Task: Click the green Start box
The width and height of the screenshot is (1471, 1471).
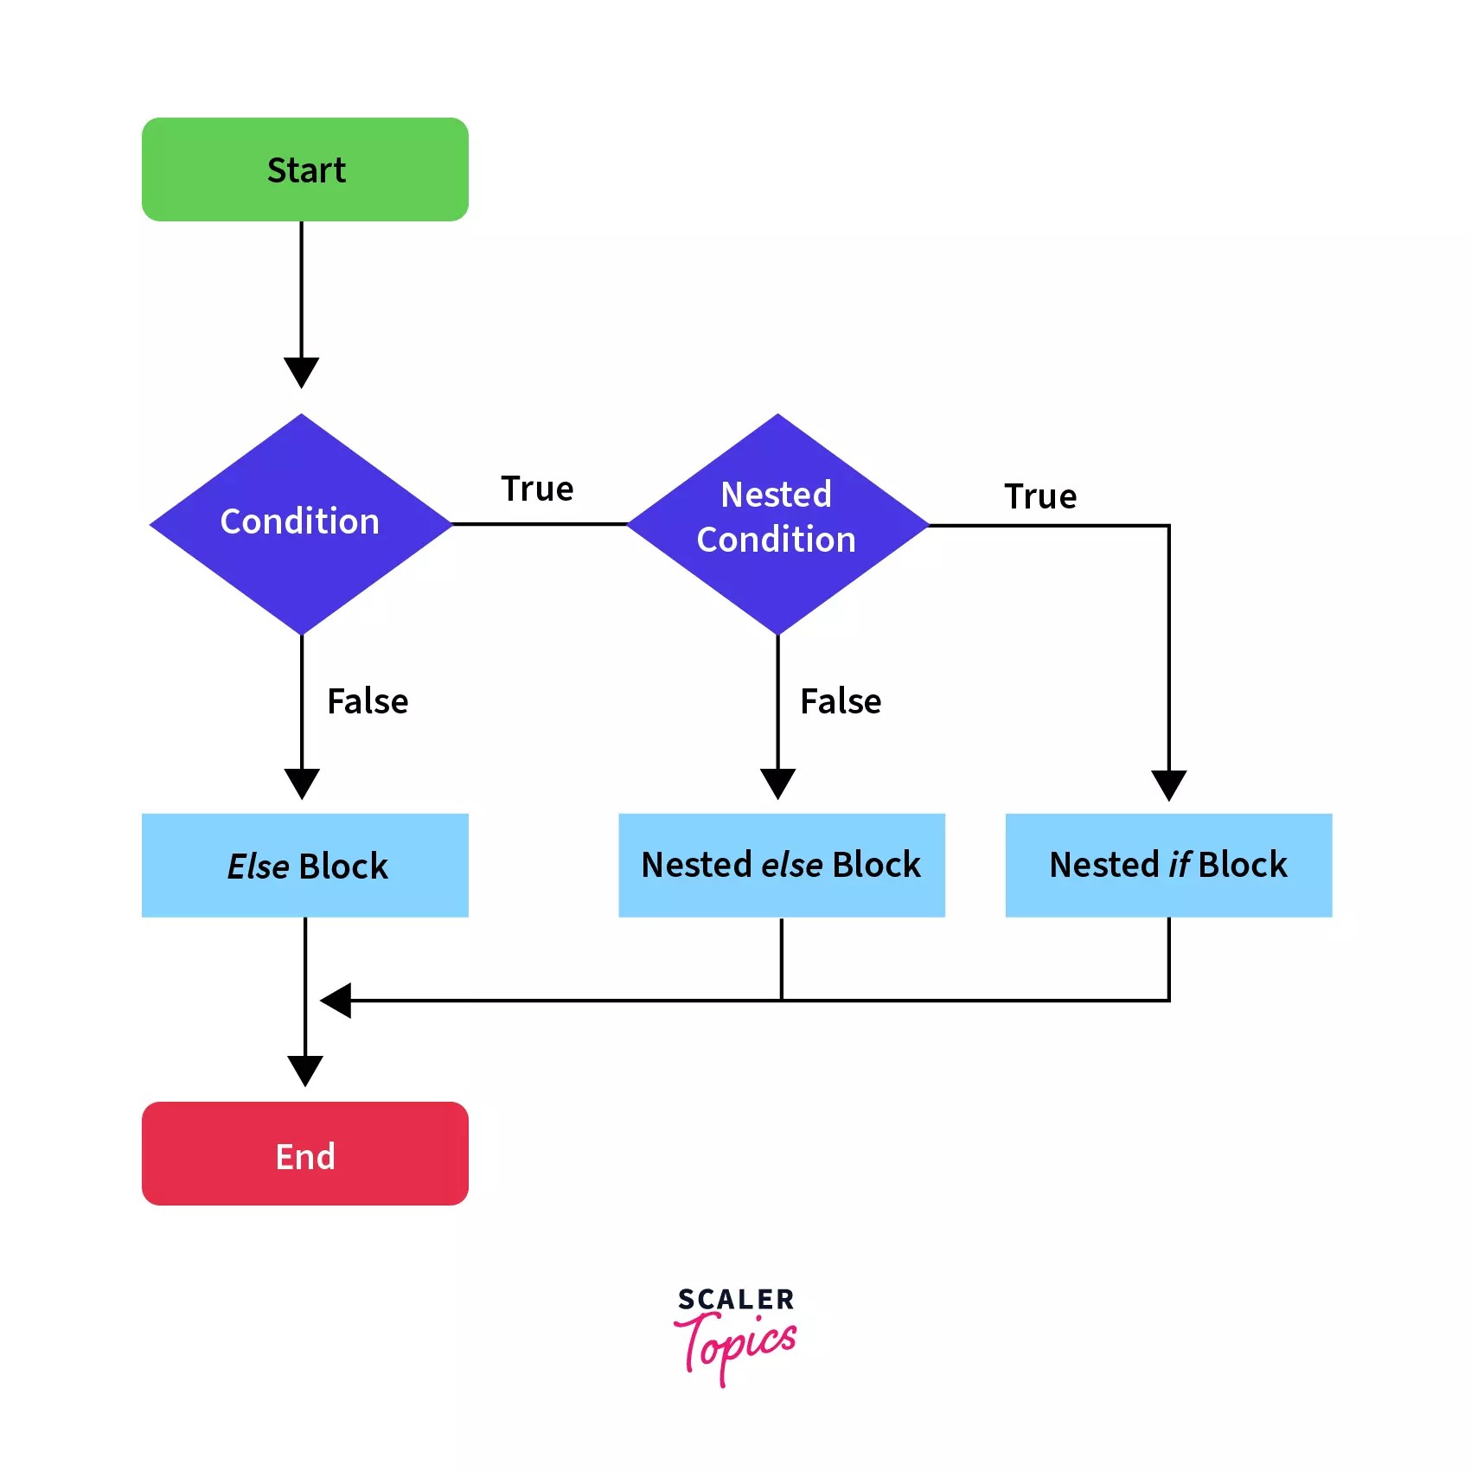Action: coord(304,169)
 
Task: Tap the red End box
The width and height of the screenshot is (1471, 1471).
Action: coord(304,1153)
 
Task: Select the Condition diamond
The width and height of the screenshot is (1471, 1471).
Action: coord(300,523)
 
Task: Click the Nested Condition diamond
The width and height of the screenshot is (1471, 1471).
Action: coord(777,523)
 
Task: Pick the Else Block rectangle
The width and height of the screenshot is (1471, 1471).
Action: coord(304,865)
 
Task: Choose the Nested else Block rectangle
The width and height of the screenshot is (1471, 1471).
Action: coord(781,865)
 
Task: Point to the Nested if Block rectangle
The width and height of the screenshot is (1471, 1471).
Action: coord(1168,865)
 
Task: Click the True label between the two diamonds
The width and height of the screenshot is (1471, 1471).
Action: coord(537,489)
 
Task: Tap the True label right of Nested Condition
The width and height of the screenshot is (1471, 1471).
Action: coord(1040,496)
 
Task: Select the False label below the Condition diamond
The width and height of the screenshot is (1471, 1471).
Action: coord(368,701)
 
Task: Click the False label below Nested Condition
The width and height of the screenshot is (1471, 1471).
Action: coord(841,701)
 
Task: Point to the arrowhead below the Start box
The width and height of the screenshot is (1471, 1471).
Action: coord(301,372)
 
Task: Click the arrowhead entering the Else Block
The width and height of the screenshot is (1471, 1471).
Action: coord(302,783)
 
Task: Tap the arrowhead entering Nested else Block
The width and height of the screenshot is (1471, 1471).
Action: coord(777,783)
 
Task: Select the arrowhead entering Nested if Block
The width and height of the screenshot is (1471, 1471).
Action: coord(1168,784)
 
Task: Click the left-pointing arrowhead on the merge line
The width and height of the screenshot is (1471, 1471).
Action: coord(336,1001)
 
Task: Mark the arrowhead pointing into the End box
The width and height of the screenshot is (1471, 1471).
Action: coord(304,1070)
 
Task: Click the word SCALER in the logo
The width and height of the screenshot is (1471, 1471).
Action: coord(735,1299)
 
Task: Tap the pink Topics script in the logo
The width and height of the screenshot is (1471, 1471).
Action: coord(735,1346)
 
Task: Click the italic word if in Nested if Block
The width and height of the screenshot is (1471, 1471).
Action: coord(1180,865)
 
